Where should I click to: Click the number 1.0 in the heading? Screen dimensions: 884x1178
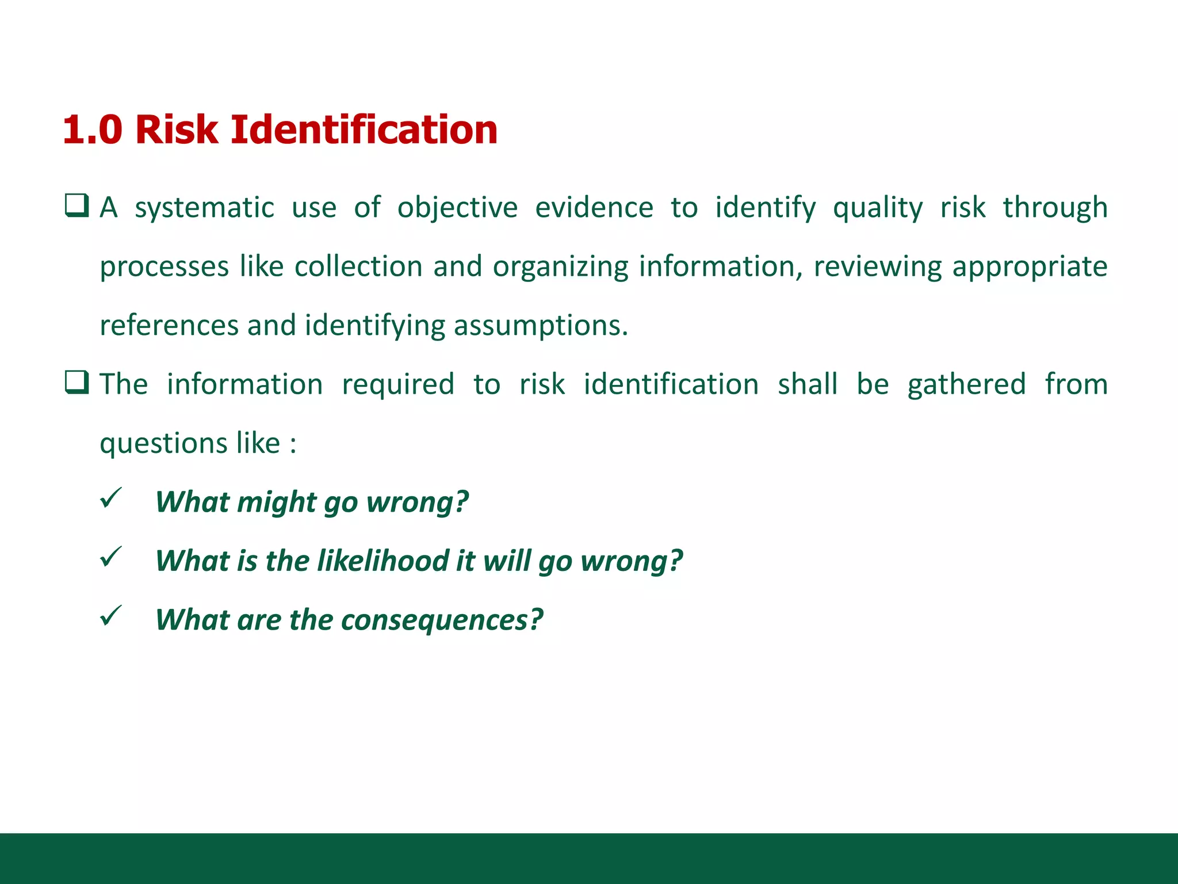point(92,129)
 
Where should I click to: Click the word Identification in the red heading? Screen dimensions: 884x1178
point(364,129)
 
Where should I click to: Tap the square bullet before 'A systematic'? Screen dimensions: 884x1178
point(77,206)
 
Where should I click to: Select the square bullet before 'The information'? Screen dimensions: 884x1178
point(77,383)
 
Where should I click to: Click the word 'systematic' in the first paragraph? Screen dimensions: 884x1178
point(204,208)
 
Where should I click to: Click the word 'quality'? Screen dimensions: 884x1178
point(877,208)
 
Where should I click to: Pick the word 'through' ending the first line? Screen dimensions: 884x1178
point(1055,208)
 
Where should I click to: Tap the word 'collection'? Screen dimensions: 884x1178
point(358,266)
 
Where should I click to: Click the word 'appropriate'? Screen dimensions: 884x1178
point(1030,268)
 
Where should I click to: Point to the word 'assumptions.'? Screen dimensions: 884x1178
point(541,326)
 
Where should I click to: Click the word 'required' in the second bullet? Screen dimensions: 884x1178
point(398,385)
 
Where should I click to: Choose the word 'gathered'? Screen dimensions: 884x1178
point(966,385)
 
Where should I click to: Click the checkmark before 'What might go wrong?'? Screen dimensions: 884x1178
point(110,498)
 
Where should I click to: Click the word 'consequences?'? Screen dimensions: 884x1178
point(442,620)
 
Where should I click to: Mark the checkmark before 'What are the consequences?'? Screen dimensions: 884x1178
point(110,616)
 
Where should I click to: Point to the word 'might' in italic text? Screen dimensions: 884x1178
point(277,502)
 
